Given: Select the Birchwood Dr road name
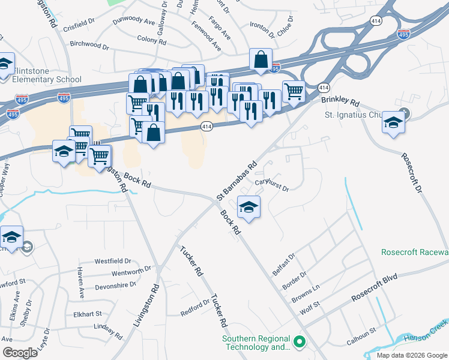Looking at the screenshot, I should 89,45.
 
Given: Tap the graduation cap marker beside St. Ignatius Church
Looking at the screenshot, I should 393,122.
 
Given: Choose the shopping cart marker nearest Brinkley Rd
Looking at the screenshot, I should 293,92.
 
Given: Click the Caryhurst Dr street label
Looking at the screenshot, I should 272,184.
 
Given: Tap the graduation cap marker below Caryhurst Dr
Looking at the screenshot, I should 249,208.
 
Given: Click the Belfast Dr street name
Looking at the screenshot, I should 285,264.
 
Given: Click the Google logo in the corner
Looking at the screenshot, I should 20,352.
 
